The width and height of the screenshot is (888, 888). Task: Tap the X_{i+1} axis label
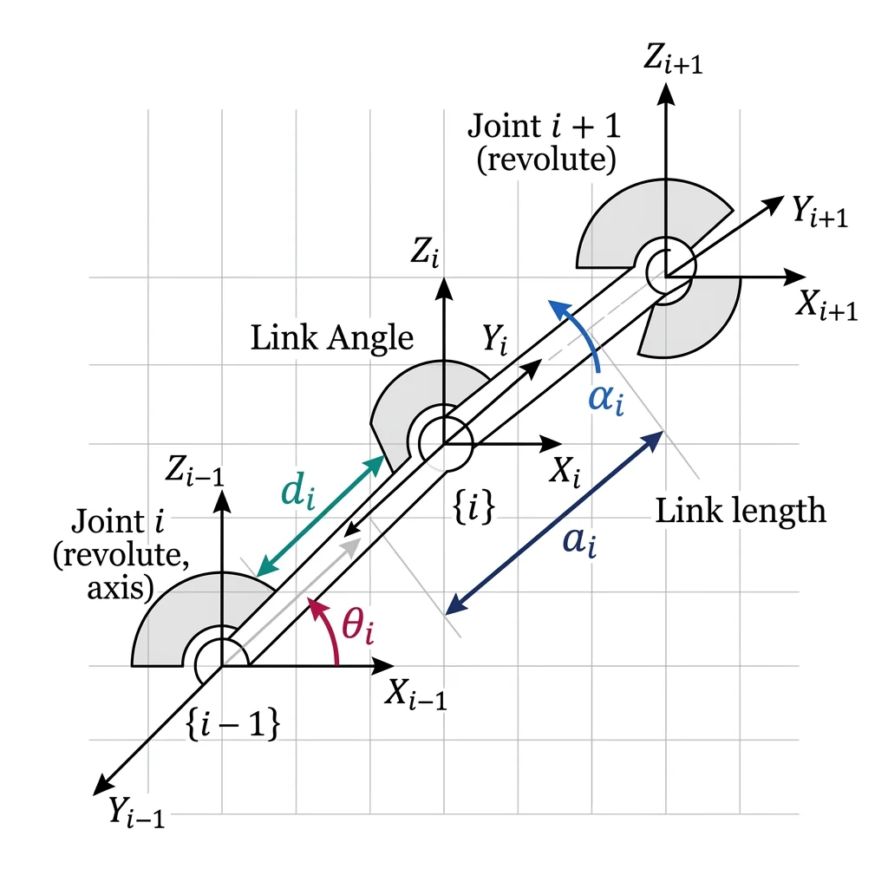coord(826,306)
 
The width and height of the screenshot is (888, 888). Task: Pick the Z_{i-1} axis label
coord(199,473)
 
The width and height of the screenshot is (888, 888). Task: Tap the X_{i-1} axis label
coord(416,694)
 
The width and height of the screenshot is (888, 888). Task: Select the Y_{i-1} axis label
coord(135,813)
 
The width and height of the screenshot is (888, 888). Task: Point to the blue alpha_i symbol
coord(604,402)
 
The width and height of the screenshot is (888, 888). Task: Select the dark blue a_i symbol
coord(578,544)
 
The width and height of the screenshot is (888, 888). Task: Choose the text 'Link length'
coord(740,511)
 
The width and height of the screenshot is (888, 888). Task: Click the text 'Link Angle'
coord(332,338)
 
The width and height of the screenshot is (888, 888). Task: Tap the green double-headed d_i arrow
coord(321,515)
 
